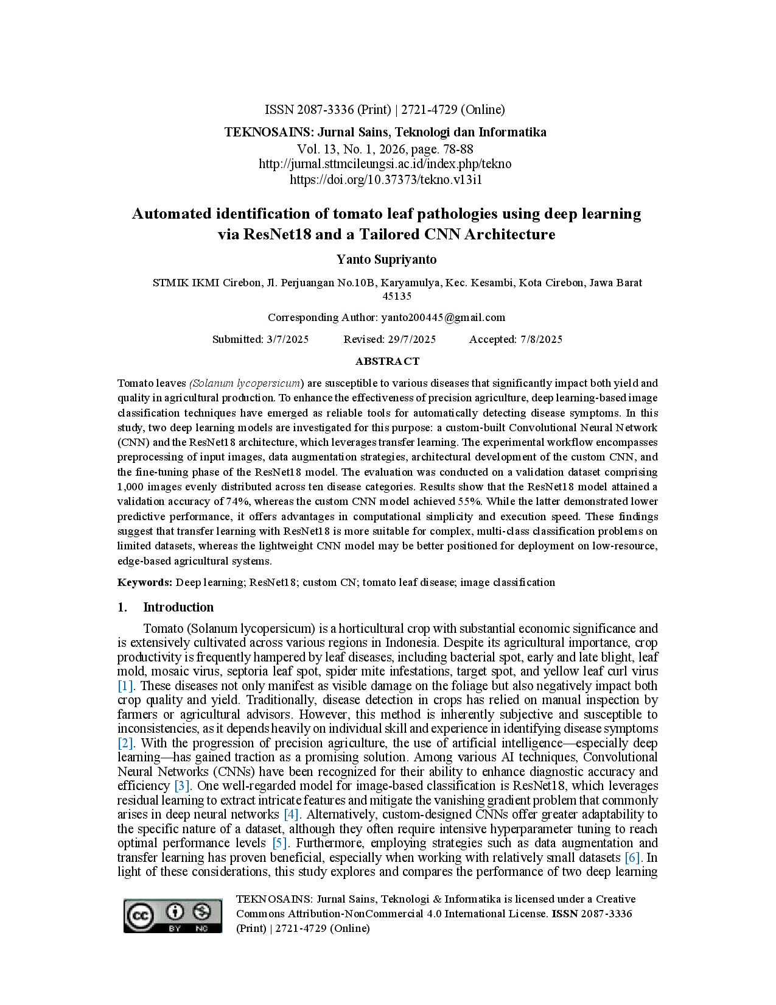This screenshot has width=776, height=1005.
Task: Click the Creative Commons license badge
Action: tap(172, 915)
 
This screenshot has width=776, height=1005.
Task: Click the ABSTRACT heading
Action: tap(387, 361)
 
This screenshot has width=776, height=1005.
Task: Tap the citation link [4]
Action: tap(291, 814)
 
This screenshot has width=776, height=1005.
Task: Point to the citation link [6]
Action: tap(632, 858)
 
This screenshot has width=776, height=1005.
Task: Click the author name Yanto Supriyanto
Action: tap(386, 259)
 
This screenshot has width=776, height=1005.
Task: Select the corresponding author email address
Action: tap(442, 317)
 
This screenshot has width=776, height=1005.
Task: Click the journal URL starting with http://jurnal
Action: tap(385, 164)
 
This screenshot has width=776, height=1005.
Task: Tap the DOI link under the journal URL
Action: tap(385, 180)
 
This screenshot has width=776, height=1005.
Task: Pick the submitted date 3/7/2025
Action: tap(287, 339)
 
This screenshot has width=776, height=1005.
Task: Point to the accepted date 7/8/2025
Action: tap(541, 339)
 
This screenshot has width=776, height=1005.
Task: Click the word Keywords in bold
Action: tap(145, 582)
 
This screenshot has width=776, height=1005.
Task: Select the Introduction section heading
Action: tap(178, 607)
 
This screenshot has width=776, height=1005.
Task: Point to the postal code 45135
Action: tap(397, 296)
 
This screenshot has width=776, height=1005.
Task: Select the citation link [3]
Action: tap(181, 785)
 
